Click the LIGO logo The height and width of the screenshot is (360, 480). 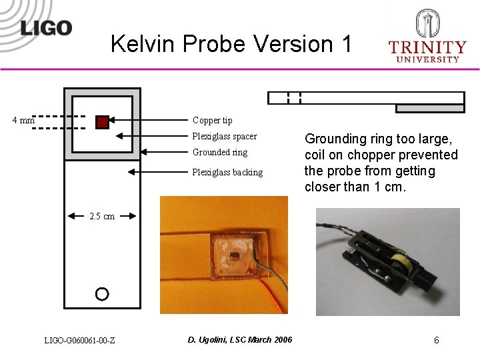pyautogui.click(x=46, y=27)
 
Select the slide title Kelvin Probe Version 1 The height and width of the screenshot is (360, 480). pyautogui.click(x=231, y=44)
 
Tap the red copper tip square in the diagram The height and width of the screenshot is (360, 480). pyautogui.click(x=101, y=121)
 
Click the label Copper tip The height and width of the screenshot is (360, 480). pyautogui.click(x=212, y=121)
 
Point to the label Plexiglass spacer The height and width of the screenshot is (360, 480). pyautogui.click(x=224, y=137)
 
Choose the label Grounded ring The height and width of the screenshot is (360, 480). pyautogui.click(x=219, y=153)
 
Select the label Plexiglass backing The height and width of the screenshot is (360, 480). pyautogui.click(x=227, y=173)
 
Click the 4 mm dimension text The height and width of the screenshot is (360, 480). pyautogui.click(x=24, y=121)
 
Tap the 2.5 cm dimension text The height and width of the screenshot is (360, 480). pyautogui.click(x=102, y=216)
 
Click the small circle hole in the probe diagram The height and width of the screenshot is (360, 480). pyautogui.click(x=101, y=293)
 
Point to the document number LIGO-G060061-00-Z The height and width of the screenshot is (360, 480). pyautogui.click(x=79, y=341)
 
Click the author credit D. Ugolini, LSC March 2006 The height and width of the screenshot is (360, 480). pyautogui.click(x=239, y=340)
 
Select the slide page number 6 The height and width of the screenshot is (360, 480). pyautogui.click(x=436, y=341)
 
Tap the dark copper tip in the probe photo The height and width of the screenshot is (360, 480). pyautogui.click(x=235, y=255)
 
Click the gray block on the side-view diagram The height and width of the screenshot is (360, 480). pyautogui.click(x=430, y=109)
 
